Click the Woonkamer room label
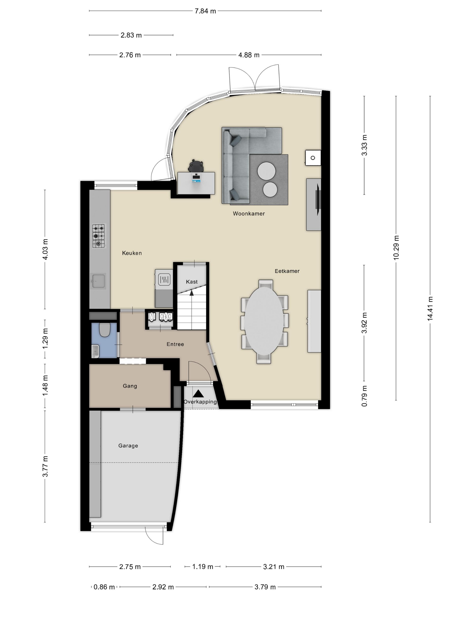(249, 213)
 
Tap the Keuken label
(132, 253)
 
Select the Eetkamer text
(287, 271)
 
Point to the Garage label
(128, 446)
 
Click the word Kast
(192, 282)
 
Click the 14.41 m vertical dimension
(430, 309)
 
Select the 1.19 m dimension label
(202, 567)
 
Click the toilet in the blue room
(105, 330)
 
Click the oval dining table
(264, 321)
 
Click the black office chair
(196, 166)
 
